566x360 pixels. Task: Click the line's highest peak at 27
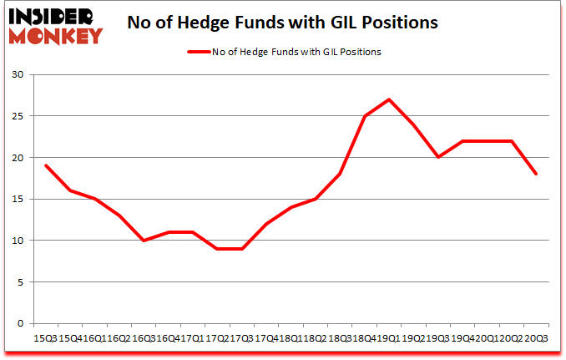click(389, 99)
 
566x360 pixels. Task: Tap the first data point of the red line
click(45, 165)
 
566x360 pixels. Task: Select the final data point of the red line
click(536, 174)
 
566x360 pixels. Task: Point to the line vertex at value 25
click(365, 116)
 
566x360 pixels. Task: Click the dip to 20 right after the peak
click(438, 157)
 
